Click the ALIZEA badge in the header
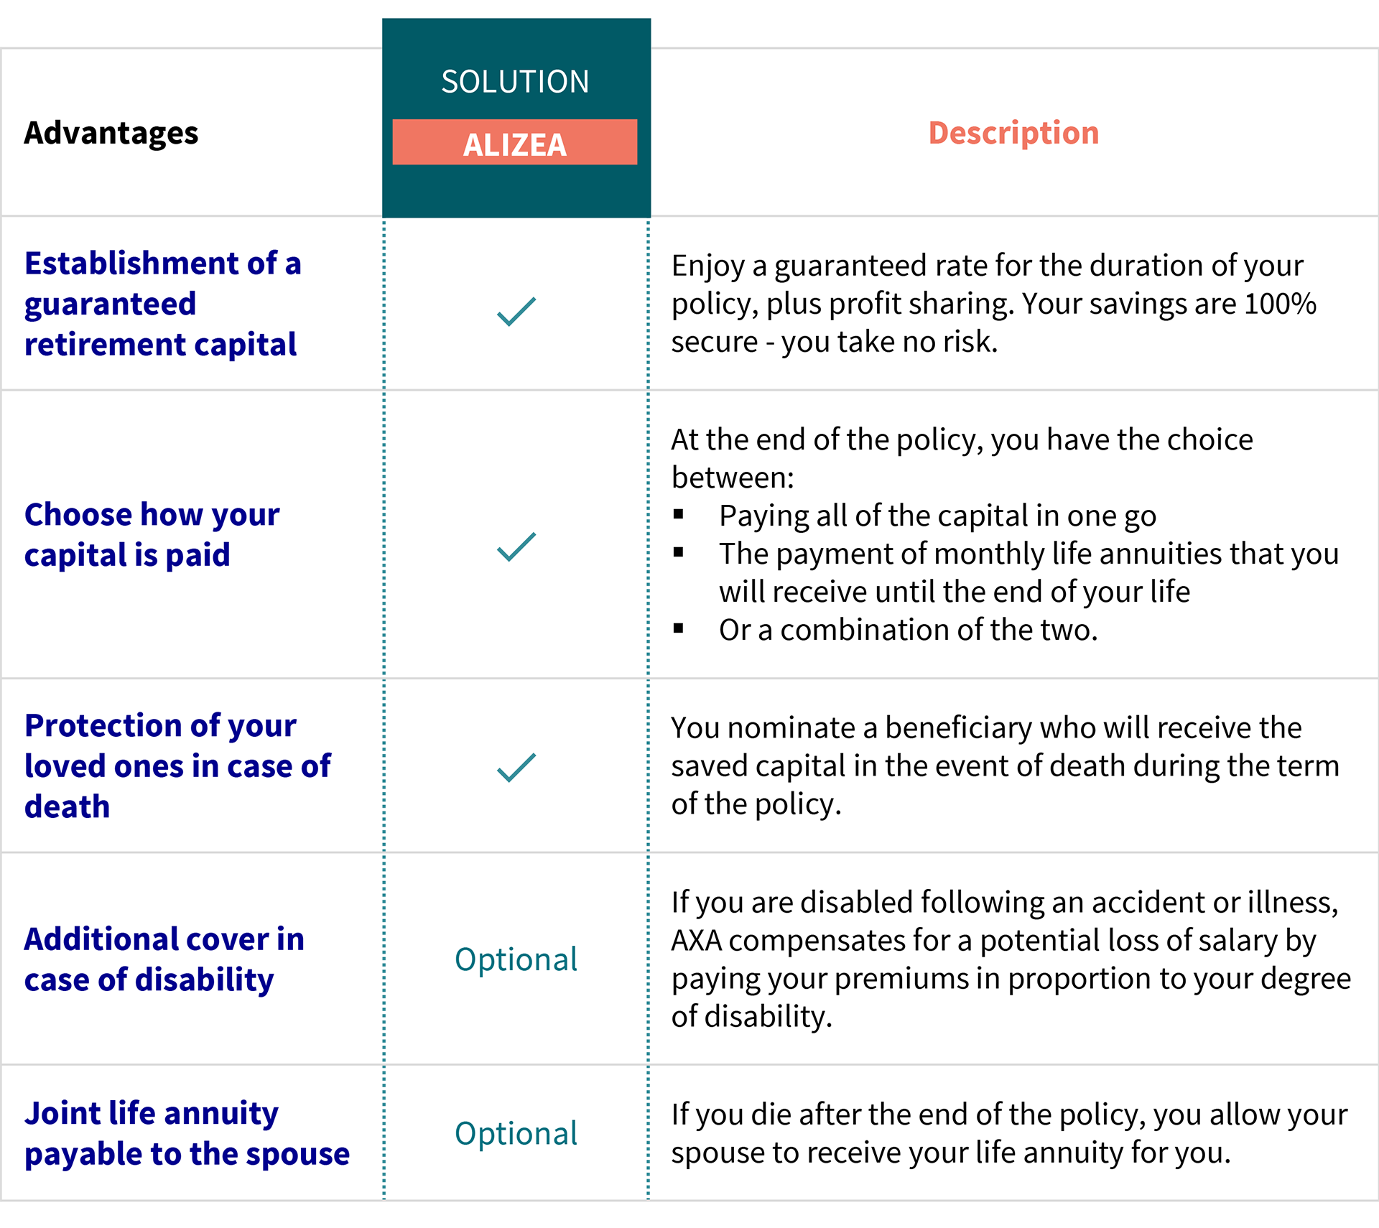coord(514,143)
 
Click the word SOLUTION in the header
coord(515,82)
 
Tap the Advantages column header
coord(111,134)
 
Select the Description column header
coord(1013,134)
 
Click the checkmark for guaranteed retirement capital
coord(516,312)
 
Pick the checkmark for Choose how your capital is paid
coord(516,547)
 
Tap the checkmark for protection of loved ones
coord(516,768)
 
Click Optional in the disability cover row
coord(516,960)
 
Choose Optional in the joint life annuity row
coord(516,1134)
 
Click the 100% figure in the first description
coord(1280,304)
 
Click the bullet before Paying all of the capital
coord(679,514)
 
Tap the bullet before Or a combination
coord(679,628)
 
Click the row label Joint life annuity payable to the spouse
coord(187,1134)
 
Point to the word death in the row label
coord(68,807)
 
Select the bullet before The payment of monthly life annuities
coord(679,552)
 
